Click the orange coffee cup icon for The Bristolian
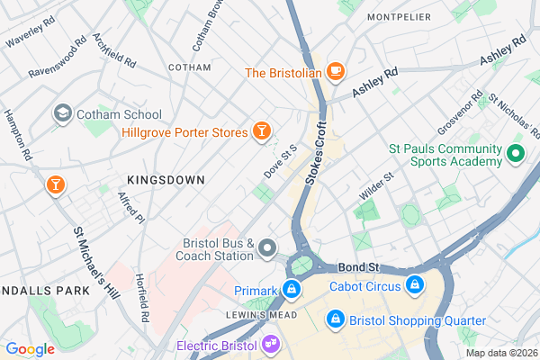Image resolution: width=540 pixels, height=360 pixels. click(x=336, y=71)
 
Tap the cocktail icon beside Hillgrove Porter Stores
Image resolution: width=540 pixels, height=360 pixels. click(x=262, y=132)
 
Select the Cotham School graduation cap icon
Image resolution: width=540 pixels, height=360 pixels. click(x=62, y=114)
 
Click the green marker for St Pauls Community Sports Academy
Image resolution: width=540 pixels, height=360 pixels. click(x=516, y=154)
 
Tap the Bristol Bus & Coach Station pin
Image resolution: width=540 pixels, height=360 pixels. click(x=267, y=247)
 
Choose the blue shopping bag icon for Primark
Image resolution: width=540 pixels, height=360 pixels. click(x=291, y=290)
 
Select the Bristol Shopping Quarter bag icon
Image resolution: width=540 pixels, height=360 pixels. click(x=335, y=319)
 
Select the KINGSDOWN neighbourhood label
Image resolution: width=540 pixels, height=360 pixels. click(x=166, y=180)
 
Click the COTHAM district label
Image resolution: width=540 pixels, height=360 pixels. click(x=191, y=67)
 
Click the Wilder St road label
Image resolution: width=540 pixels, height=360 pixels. click(x=377, y=189)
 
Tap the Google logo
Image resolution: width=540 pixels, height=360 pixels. click(x=30, y=348)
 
